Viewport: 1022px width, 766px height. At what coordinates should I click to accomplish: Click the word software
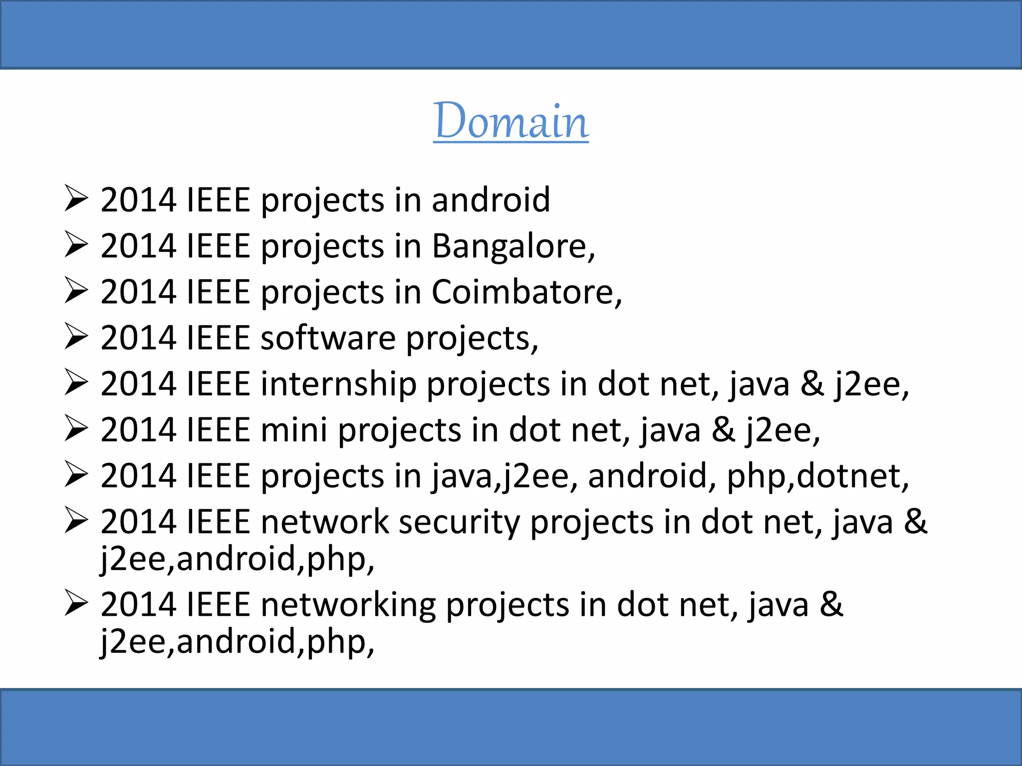328,338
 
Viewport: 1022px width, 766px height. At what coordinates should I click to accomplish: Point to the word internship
338,384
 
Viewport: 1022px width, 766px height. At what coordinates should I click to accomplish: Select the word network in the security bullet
324,523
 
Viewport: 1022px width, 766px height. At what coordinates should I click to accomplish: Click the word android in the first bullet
491,200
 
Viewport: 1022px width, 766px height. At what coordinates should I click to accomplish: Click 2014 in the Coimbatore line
139,292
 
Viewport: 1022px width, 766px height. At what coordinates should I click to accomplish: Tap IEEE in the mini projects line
218,430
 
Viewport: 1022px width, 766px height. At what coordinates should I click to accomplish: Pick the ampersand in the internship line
812,384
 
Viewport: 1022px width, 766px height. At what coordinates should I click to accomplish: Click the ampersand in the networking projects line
831,604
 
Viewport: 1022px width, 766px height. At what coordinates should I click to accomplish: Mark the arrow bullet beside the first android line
76,199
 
